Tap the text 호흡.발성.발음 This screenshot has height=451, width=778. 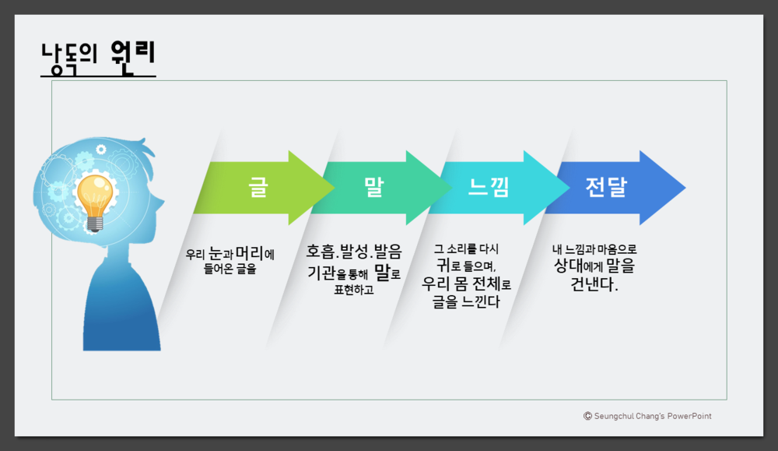354,251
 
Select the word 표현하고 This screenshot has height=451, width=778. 354,291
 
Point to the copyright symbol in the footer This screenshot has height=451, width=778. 587,416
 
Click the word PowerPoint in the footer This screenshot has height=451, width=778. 688,416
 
